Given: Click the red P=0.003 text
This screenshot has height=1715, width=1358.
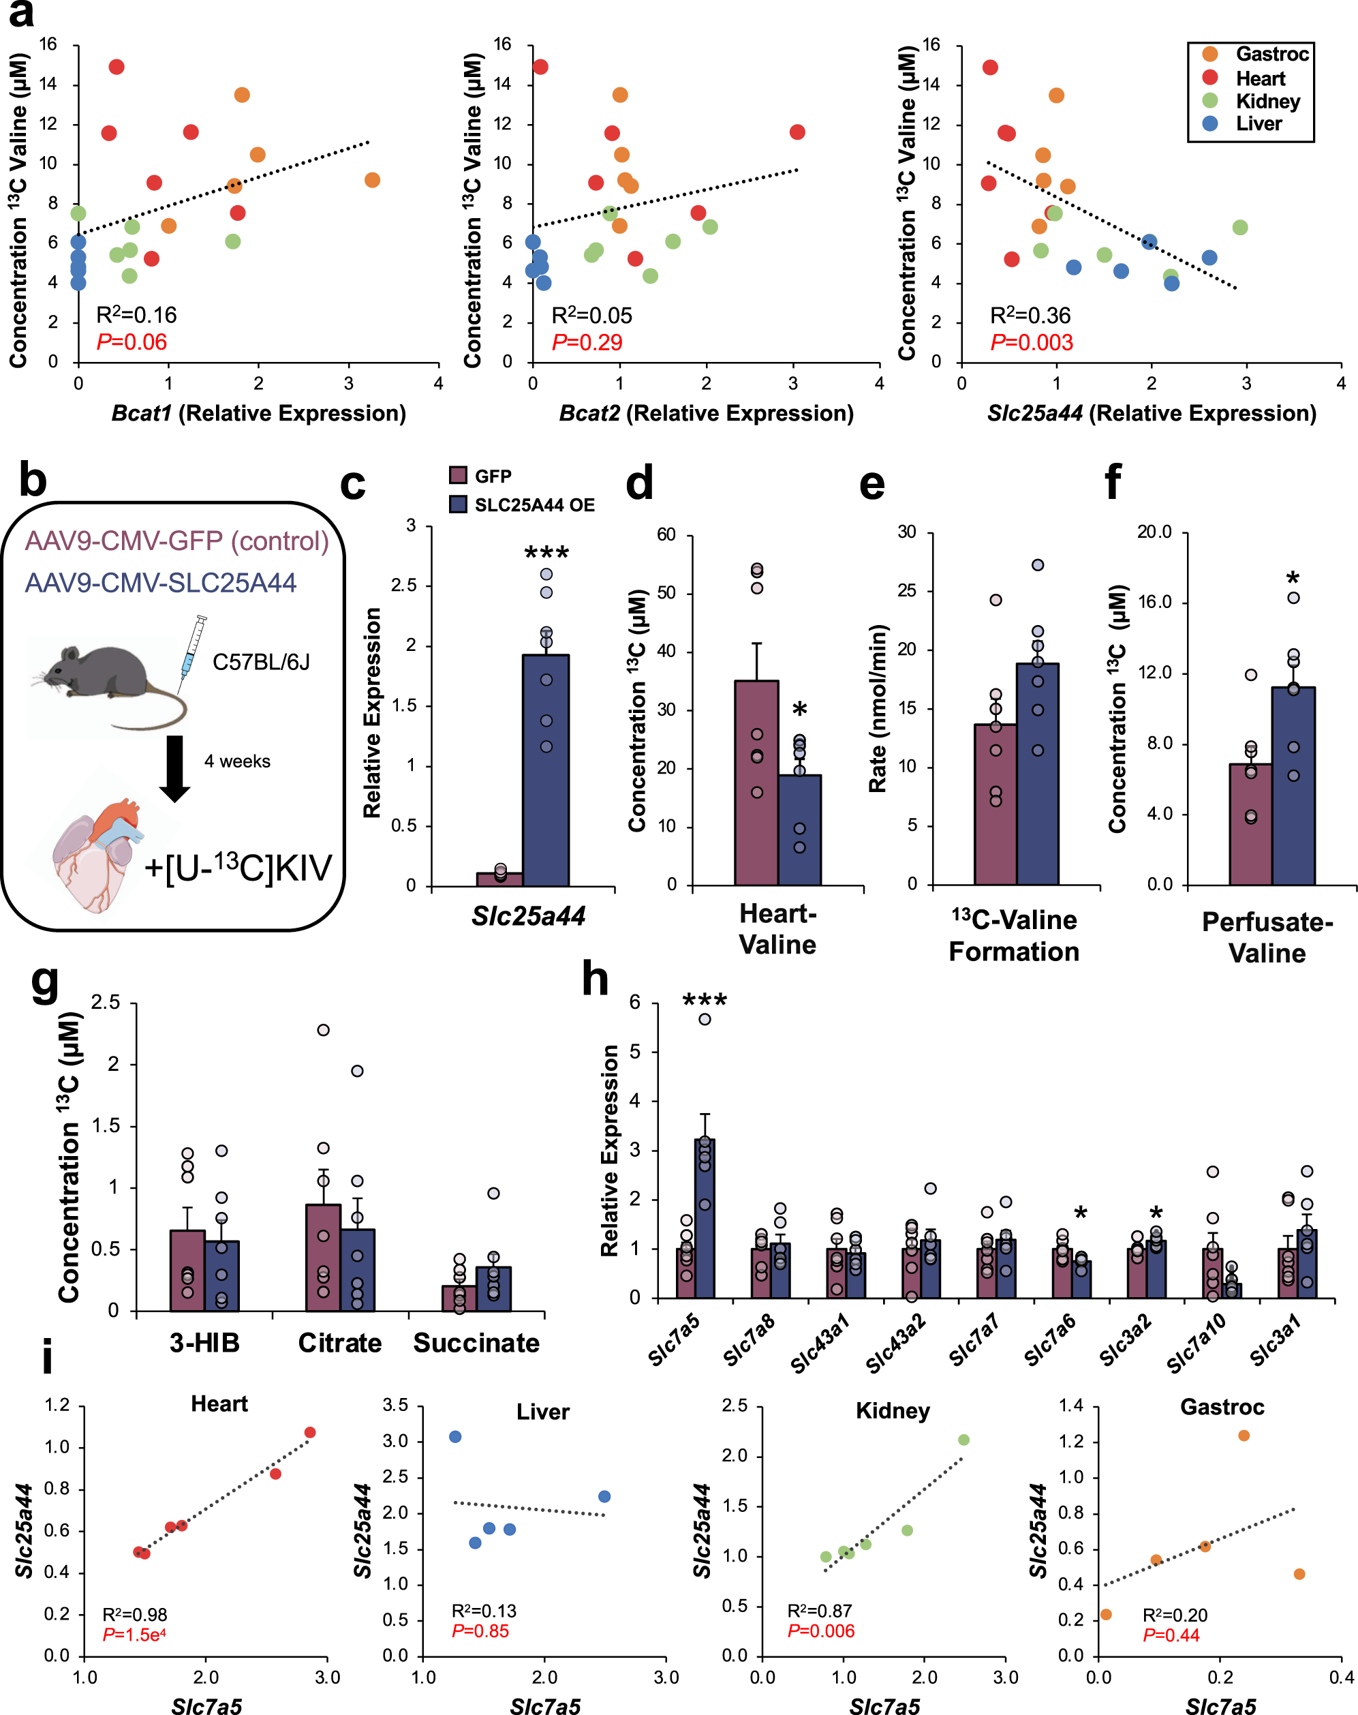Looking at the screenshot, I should coord(1031,342).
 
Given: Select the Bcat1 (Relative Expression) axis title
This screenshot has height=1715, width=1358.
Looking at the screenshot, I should coord(258,413).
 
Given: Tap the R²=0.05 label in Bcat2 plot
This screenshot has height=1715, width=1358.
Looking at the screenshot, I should coord(591,315).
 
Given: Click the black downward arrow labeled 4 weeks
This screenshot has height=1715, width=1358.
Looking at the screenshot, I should coord(174,768).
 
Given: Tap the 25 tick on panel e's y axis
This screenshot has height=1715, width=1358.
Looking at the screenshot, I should coord(906,590).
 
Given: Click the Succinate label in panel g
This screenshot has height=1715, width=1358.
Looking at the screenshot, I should coord(476,1343).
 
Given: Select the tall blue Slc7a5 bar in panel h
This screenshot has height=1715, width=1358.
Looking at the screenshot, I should coord(705,1217).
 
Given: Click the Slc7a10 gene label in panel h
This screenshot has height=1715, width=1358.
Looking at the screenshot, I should coord(1197,1344).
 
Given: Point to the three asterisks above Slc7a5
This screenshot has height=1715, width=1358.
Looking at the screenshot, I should coord(705,1001).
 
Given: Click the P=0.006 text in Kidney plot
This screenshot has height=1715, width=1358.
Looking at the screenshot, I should coord(820,1630).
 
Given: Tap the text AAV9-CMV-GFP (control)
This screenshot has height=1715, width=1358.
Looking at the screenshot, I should coord(176,541).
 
